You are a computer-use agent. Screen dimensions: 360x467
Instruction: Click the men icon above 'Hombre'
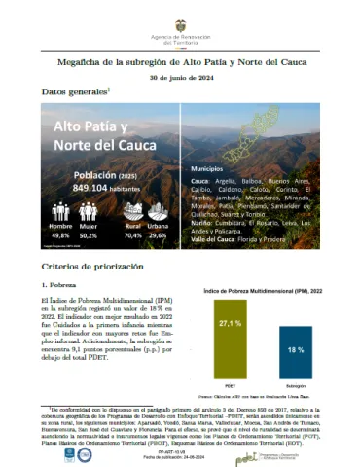[59, 211]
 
